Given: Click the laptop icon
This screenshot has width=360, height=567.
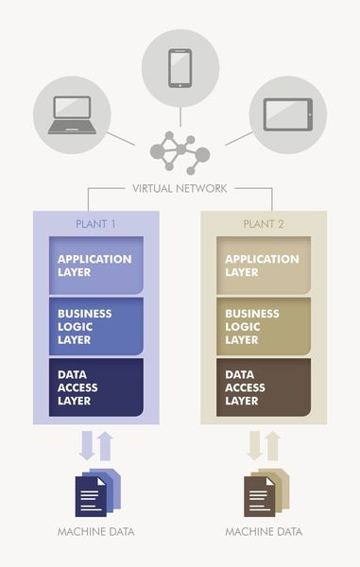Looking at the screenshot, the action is pyautogui.click(x=72, y=115).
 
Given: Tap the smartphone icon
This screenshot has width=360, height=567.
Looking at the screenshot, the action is pyautogui.click(x=180, y=68).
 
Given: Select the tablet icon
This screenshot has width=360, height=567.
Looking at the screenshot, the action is pyautogui.click(x=287, y=114).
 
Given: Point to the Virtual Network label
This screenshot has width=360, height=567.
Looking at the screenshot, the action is pyautogui.click(x=180, y=188).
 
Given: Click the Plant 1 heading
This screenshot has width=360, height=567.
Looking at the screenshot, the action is pyautogui.click(x=95, y=224).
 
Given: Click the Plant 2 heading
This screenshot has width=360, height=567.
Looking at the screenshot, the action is pyautogui.click(x=264, y=224).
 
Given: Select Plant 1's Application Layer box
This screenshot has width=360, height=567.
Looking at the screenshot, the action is pyautogui.click(x=96, y=265).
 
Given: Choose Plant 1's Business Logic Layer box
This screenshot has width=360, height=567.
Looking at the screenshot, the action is pyautogui.click(x=96, y=326).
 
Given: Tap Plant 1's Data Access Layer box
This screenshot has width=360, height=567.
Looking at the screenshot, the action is pyautogui.click(x=96, y=387).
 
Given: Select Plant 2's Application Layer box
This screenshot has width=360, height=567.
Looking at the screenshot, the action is pyautogui.click(x=264, y=265).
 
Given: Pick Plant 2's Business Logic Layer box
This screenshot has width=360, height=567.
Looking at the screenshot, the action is pyautogui.click(x=264, y=326).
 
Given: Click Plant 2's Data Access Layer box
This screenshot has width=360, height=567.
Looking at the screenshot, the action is pyautogui.click(x=264, y=387).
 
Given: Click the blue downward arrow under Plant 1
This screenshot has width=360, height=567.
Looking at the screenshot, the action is pyautogui.click(x=87, y=445).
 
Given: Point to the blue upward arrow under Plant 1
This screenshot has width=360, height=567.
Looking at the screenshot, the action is pyautogui.click(x=105, y=445).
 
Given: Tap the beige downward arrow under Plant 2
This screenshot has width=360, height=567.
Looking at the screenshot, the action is pyautogui.click(x=255, y=445).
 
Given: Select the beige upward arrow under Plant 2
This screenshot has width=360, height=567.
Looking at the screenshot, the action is pyautogui.click(x=273, y=445).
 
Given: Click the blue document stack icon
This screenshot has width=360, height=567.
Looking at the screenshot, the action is pyautogui.click(x=97, y=492).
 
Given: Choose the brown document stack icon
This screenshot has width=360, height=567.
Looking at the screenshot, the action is pyautogui.click(x=266, y=492).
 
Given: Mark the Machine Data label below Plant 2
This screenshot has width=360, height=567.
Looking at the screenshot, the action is pyautogui.click(x=264, y=532).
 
